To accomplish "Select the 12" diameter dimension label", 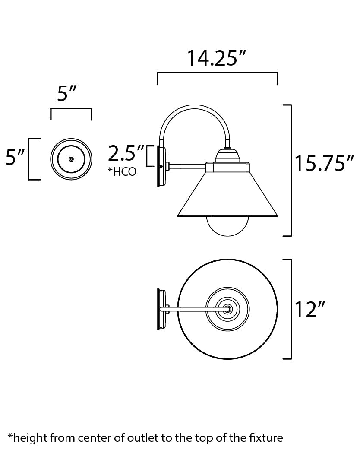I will (309, 310).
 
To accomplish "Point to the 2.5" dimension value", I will (126, 153).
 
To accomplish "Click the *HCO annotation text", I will (122, 172).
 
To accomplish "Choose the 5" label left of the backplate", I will (16, 158).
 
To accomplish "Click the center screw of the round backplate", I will (71, 159).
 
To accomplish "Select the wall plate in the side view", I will (161, 166).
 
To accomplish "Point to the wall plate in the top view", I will (161, 309).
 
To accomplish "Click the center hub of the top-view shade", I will (227, 309).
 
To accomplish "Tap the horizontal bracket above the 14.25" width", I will (217, 74).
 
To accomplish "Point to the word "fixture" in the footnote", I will (267, 438).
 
